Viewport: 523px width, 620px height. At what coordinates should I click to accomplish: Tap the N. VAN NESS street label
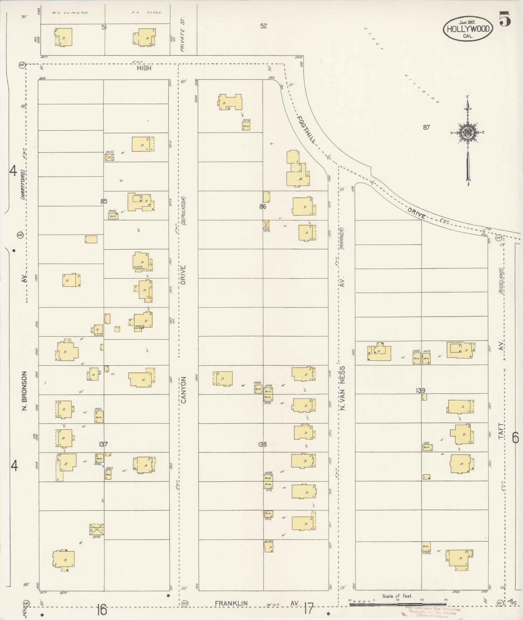click(x=342, y=388)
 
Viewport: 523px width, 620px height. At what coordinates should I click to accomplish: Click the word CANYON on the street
click(x=183, y=390)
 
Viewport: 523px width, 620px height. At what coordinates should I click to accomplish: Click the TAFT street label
click(x=501, y=431)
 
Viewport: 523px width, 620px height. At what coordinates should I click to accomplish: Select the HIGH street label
click(x=144, y=68)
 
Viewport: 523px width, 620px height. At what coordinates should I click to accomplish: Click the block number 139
click(x=421, y=391)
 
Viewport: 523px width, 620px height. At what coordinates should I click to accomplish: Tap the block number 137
click(x=103, y=444)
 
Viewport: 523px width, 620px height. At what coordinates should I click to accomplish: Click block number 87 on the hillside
click(x=426, y=127)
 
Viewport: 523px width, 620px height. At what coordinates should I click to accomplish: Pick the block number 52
click(x=263, y=26)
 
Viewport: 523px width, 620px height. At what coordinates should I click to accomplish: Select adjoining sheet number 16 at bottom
click(x=102, y=610)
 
